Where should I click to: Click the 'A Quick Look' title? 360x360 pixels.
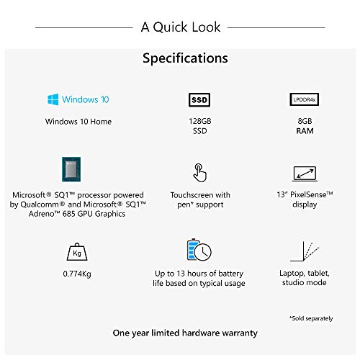tap(180, 27)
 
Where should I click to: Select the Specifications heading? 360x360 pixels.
tap(185, 58)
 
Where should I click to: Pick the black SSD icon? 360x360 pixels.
tap(199, 99)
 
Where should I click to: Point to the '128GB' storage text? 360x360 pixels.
tap(199, 122)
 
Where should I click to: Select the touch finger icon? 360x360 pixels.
tap(199, 174)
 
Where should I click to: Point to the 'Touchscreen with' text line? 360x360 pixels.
tap(199, 194)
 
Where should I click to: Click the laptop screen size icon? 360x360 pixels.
tap(302, 174)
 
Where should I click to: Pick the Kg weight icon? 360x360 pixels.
tap(76, 251)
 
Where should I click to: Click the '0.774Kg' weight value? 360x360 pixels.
tap(76, 274)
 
